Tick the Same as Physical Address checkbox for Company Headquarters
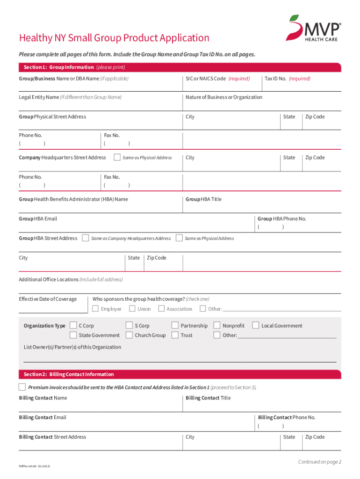tap(117, 157)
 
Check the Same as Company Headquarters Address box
tap(86, 238)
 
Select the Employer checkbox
tap(95, 308)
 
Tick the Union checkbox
tap(132, 308)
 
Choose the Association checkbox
tap(161, 308)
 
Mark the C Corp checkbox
tap(73, 325)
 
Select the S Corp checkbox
tap(129, 325)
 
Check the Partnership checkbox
tap(175, 325)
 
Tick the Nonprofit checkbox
tap(217, 325)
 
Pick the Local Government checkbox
tap(256, 325)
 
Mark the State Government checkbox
tap(73, 335)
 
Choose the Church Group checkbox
tap(129, 335)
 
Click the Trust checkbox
tap(175, 335)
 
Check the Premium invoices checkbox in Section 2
tap(22, 387)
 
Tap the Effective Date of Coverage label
tap(48, 299)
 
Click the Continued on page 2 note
tap(320, 462)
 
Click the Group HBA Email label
tap(38, 218)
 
